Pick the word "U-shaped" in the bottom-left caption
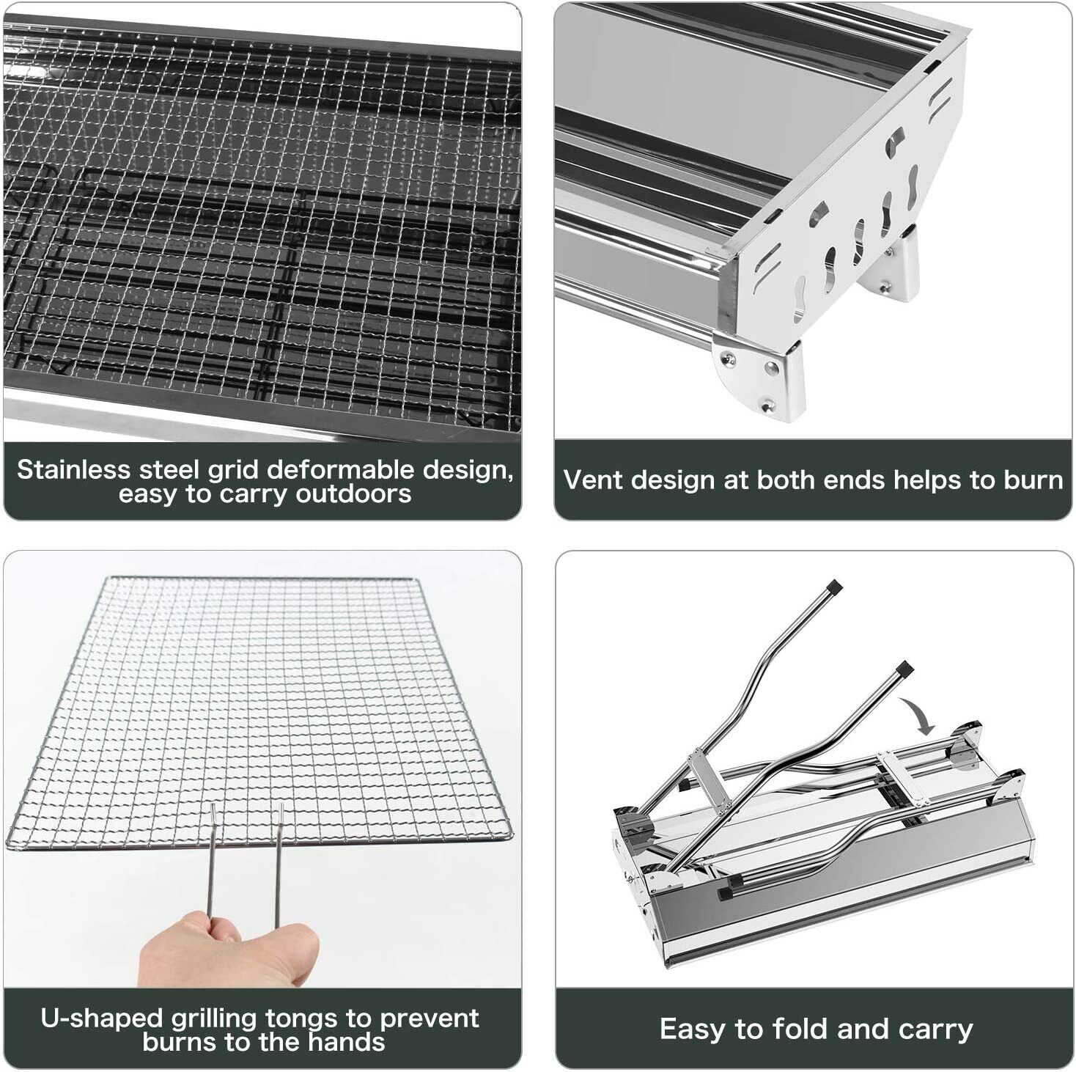[100, 1018]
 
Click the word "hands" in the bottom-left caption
[350, 1042]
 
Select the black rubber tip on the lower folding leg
[905, 668]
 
